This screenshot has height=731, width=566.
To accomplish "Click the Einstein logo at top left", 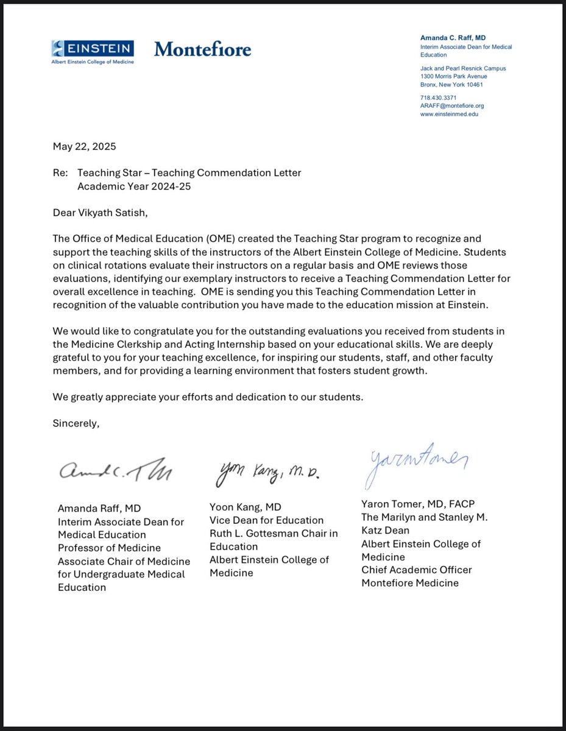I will (x=93, y=51).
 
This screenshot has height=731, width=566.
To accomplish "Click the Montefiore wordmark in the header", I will (x=202, y=49).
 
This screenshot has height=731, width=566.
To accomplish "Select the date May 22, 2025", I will (x=85, y=147).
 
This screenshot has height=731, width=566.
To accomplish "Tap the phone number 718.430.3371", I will (x=439, y=97).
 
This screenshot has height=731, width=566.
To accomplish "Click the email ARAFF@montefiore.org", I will (x=452, y=105).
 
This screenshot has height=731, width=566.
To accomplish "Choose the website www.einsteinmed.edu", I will (x=450, y=114).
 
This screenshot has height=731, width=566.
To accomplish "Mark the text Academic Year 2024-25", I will (x=134, y=186).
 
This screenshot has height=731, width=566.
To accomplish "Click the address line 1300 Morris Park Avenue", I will (x=454, y=76).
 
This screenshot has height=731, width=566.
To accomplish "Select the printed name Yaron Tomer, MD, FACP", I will (x=418, y=504).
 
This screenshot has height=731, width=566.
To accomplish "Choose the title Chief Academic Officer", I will (x=417, y=570).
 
